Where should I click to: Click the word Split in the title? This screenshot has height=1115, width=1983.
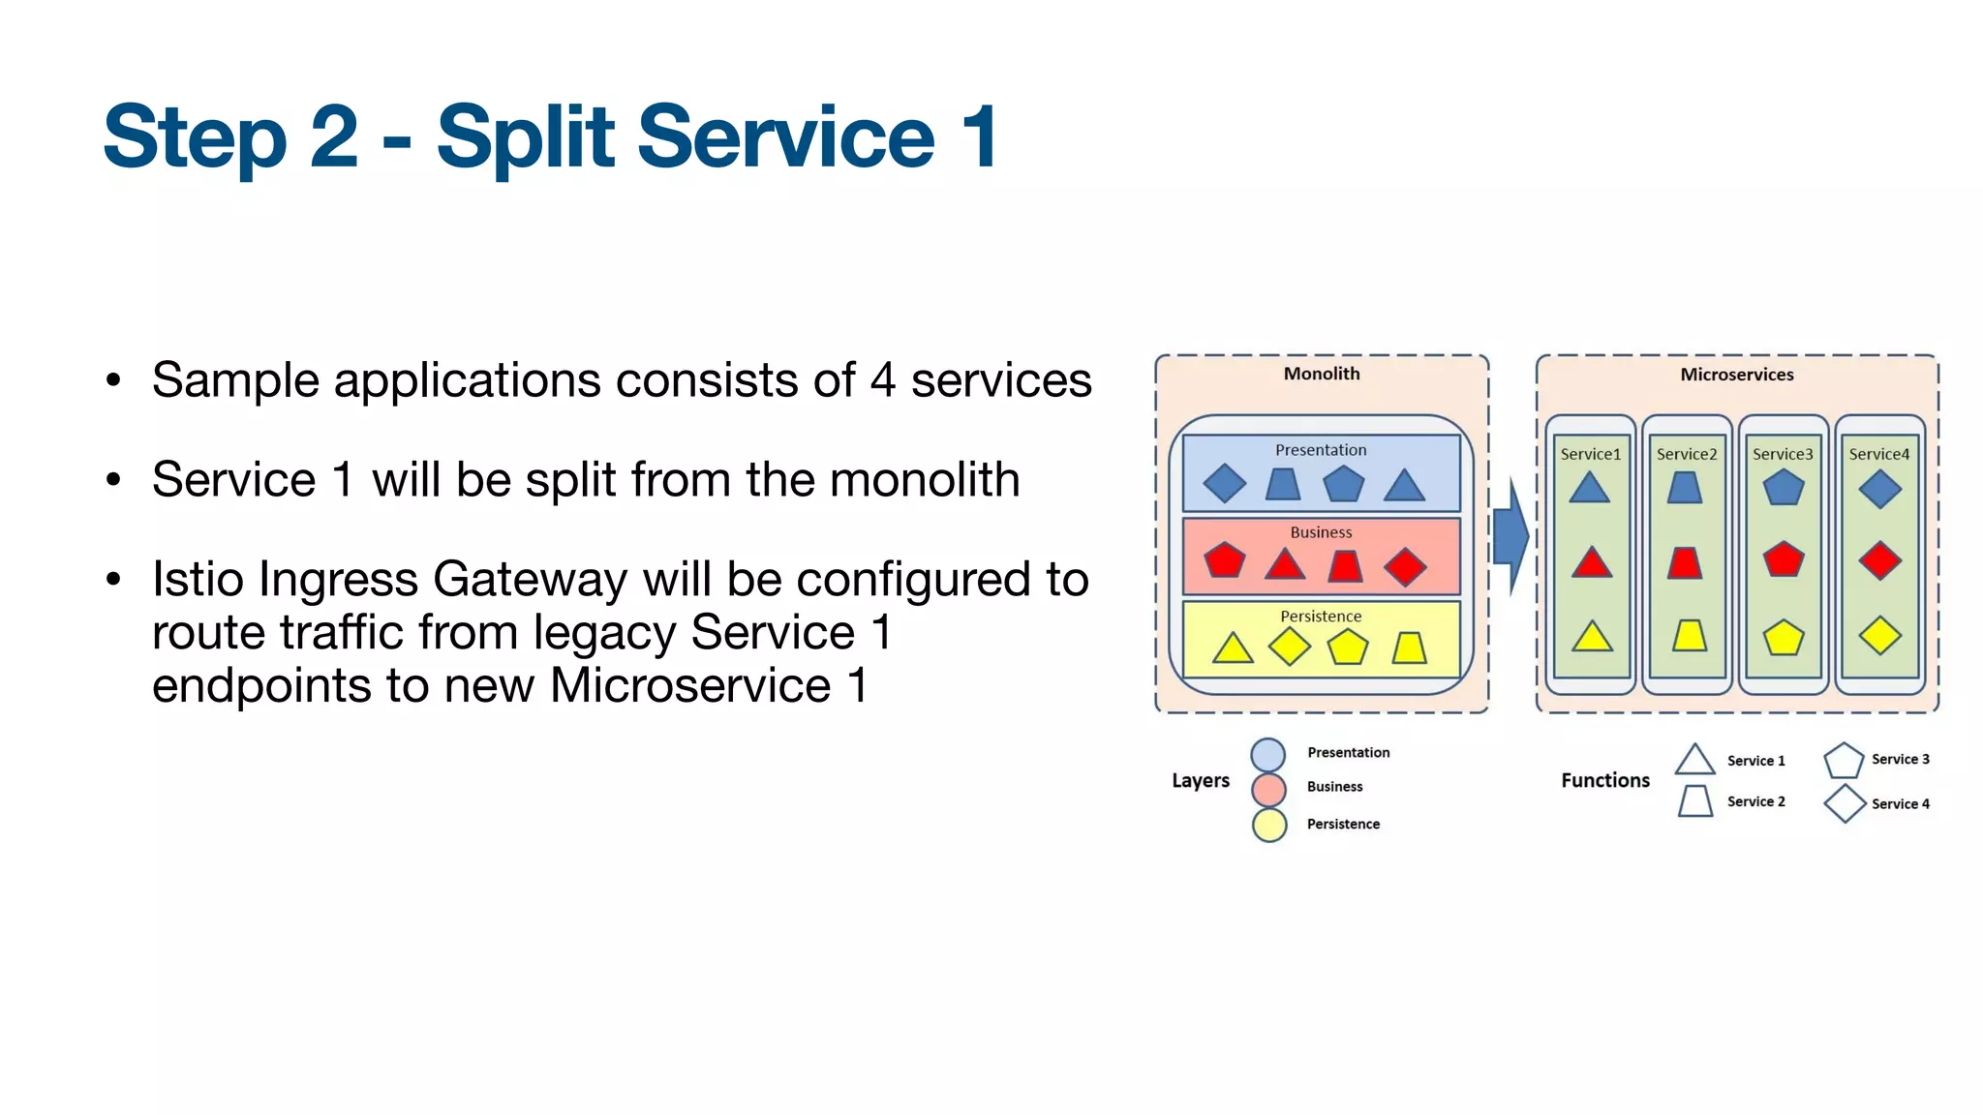click(x=526, y=138)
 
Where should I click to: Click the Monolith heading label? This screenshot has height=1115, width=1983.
click(x=1321, y=374)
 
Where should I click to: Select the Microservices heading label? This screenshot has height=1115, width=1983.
click(x=1736, y=375)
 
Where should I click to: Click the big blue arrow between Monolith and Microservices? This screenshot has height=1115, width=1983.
click(x=1510, y=536)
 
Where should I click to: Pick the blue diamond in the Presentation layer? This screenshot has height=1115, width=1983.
click(x=1225, y=484)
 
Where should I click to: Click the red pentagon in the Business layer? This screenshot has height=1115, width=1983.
click(x=1225, y=560)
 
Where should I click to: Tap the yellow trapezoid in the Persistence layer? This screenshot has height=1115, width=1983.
click(x=1410, y=648)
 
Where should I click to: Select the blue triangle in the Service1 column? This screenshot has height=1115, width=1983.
click(x=1589, y=488)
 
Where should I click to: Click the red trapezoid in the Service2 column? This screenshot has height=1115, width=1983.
click(x=1685, y=563)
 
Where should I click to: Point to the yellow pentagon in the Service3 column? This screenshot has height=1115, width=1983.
click(x=1783, y=638)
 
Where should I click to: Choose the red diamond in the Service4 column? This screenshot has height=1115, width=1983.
click(x=1879, y=560)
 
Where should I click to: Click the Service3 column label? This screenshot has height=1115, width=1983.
click(x=1782, y=454)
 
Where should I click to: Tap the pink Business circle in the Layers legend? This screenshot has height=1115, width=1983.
click(x=1268, y=790)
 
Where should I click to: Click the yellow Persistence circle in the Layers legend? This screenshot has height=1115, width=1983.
click(x=1268, y=826)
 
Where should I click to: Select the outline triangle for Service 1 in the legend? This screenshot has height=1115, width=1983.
click(x=1694, y=761)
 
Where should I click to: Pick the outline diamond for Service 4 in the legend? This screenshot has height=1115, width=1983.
click(x=1845, y=803)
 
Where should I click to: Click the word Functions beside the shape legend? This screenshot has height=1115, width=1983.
click(x=1604, y=780)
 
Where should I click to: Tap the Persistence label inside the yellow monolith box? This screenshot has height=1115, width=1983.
click(x=1321, y=617)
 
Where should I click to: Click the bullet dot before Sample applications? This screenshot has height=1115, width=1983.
click(x=114, y=380)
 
